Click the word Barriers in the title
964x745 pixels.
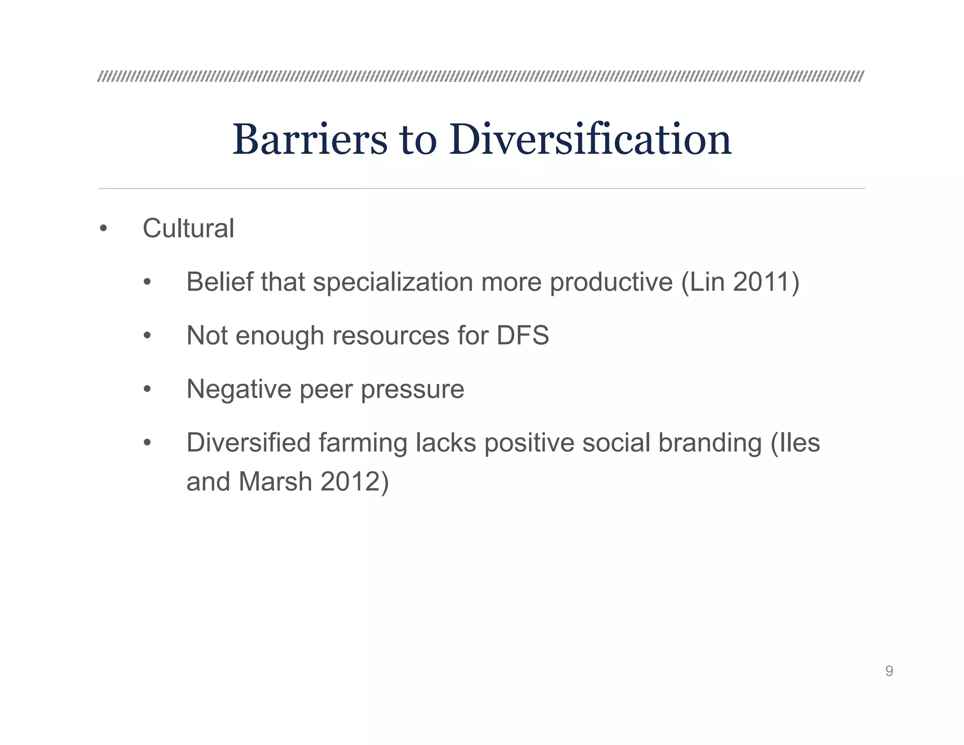(310, 139)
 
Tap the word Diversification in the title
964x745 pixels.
(590, 139)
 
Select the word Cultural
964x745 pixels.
(188, 228)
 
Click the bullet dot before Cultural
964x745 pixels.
(104, 229)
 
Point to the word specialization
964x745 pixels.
(393, 283)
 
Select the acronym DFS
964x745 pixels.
(522, 335)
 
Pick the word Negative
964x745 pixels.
(239, 389)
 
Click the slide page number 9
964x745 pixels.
(889, 671)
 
